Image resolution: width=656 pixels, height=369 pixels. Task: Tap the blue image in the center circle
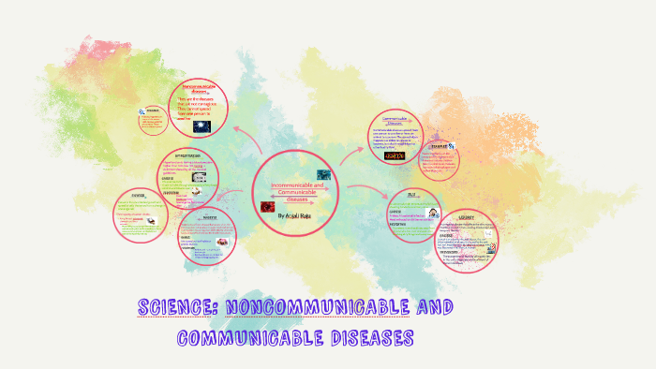point(323,174)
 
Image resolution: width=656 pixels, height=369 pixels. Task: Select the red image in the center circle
point(265,203)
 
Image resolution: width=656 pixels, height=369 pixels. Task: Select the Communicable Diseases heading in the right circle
point(397,121)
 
